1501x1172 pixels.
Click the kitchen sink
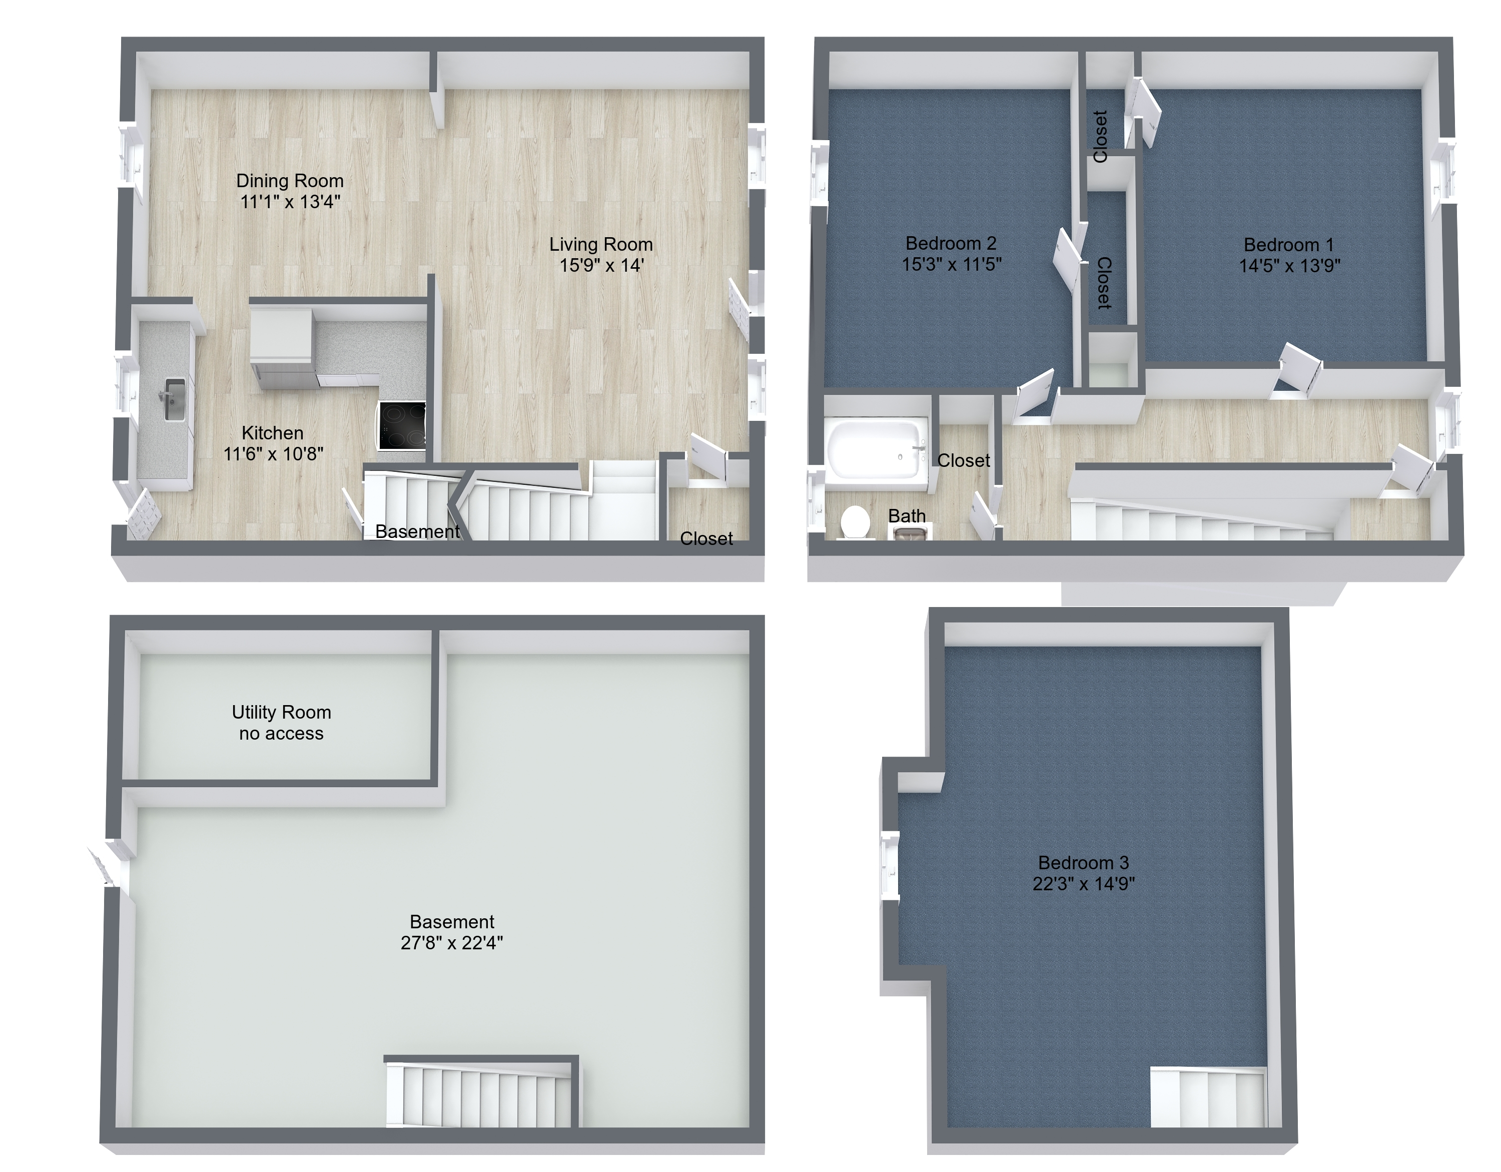(x=175, y=399)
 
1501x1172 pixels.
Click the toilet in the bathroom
(x=855, y=522)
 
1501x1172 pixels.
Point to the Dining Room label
(x=290, y=181)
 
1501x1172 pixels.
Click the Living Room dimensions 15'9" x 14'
(x=601, y=265)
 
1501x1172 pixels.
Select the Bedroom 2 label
(x=951, y=243)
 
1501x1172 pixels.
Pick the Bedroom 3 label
(x=1084, y=863)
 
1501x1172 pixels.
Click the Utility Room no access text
(x=282, y=723)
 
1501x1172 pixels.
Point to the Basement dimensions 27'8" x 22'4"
(x=452, y=942)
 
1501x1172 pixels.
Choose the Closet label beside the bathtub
(x=964, y=460)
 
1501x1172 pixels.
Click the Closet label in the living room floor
(x=706, y=538)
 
